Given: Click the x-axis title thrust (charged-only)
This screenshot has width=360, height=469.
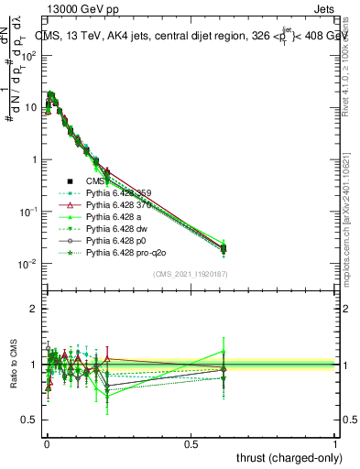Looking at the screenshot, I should click(292, 457).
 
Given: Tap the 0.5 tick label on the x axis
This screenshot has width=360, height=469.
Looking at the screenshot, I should click(191, 442).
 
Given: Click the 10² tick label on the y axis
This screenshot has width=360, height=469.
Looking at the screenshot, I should click(28, 56).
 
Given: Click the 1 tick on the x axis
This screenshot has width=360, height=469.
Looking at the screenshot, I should click(335, 442).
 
